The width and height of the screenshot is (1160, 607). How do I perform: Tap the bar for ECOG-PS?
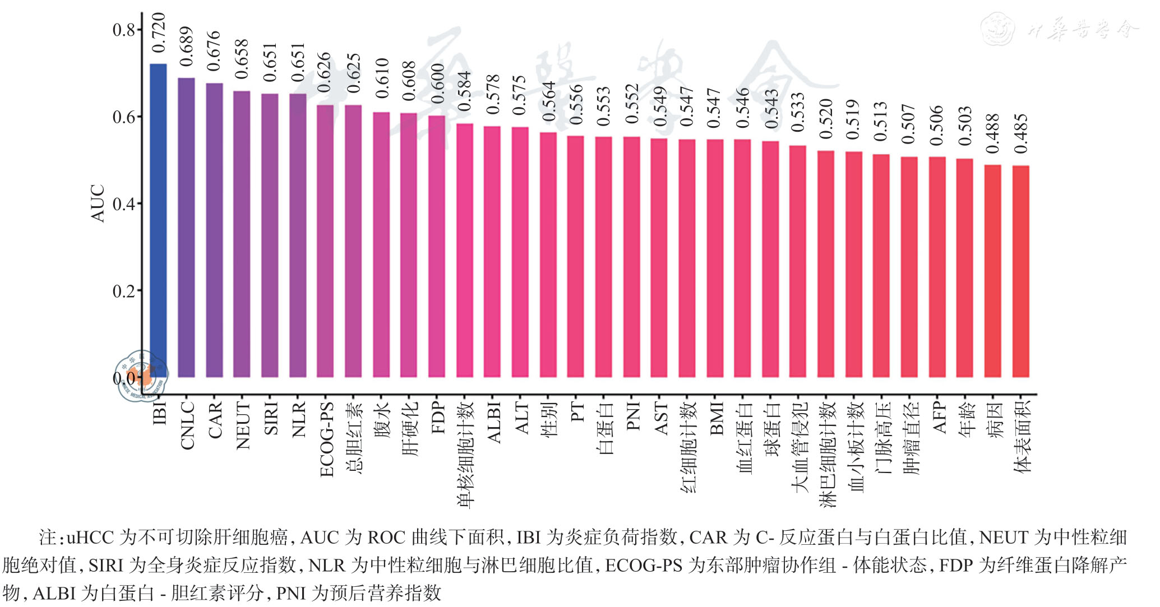click(x=325, y=241)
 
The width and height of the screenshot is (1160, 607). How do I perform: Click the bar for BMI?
click(x=715, y=258)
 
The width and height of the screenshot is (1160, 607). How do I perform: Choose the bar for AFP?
click(x=937, y=267)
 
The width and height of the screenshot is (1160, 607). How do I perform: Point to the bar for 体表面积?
click(x=1020, y=271)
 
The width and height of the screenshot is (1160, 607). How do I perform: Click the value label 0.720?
click(x=159, y=33)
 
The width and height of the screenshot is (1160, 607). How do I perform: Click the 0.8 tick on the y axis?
click(x=124, y=30)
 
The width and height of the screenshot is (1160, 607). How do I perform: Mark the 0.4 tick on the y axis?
click(x=124, y=205)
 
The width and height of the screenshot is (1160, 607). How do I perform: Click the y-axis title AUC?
click(x=98, y=203)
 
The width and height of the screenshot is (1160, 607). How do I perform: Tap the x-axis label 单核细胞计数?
click(x=465, y=454)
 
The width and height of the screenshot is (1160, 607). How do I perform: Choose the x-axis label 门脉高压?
click(x=882, y=437)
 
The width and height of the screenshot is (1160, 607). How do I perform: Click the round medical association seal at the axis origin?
click(x=141, y=376)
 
